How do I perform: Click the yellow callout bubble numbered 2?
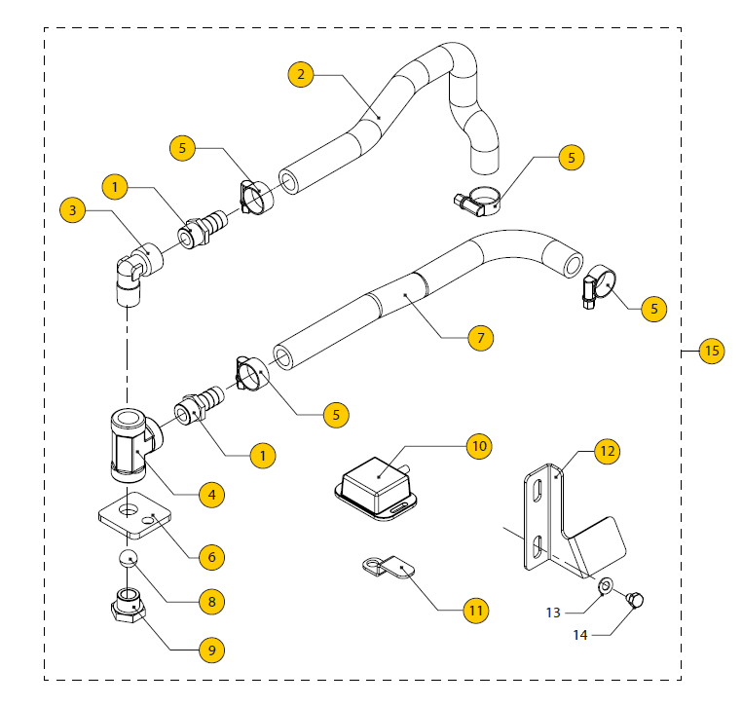(x=303, y=74)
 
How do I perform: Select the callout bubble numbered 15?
(x=712, y=351)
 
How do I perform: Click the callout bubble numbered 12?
(x=608, y=451)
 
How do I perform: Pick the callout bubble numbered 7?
(x=480, y=338)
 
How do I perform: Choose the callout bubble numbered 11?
(x=475, y=611)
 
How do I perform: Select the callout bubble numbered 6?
(x=208, y=557)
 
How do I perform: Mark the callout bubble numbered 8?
(x=207, y=601)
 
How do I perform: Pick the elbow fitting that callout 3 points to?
(x=130, y=269)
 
